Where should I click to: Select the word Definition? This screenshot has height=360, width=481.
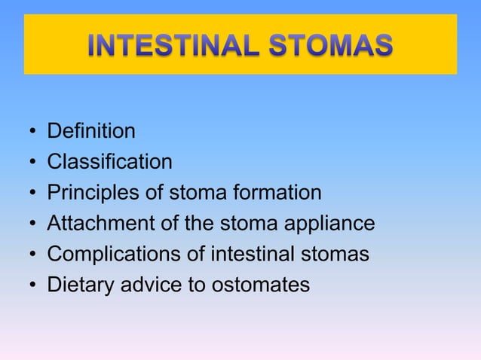pos(91,132)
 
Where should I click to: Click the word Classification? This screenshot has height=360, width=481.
pos(109,162)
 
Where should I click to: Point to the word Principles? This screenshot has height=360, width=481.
pos(94,193)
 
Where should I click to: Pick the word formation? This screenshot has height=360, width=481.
pos(277,193)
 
